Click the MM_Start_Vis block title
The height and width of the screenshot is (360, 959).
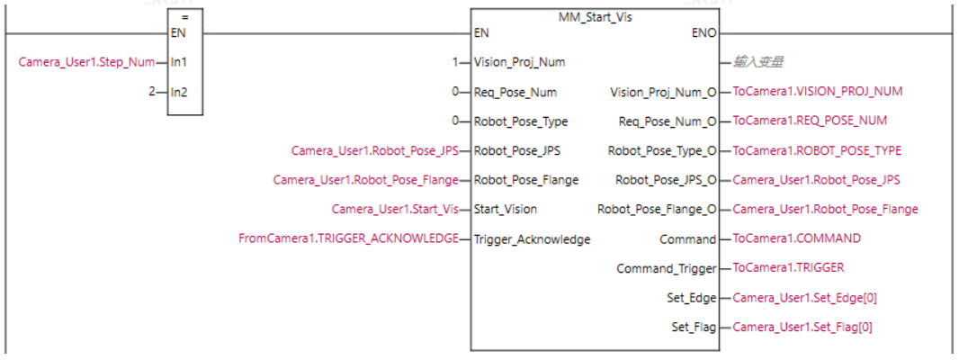click(x=596, y=16)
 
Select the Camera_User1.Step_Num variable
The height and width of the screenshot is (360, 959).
click(x=86, y=62)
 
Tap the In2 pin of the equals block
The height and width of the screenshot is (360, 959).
click(x=180, y=92)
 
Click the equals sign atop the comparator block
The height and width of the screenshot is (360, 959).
click(x=184, y=16)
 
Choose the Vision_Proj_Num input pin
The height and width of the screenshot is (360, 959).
click(x=518, y=62)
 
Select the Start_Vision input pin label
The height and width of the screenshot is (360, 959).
click(x=506, y=210)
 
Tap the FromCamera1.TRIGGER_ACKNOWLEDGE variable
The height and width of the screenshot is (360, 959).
click(x=347, y=238)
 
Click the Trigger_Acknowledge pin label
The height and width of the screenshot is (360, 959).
click(x=532, y=238)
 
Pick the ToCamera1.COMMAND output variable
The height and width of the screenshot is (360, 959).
click(x=796, y=238)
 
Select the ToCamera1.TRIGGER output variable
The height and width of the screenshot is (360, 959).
click(x=788, y=268)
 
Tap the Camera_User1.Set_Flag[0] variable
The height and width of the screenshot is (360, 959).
click(x=802, y=327)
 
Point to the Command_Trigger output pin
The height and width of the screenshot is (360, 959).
click(x=666, y=268)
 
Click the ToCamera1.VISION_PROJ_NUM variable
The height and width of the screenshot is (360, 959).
click(x=817, y=92)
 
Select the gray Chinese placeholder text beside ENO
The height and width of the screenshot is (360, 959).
click(x=757, y=62)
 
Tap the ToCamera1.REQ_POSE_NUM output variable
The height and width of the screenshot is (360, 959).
click(x=810, y=121)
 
